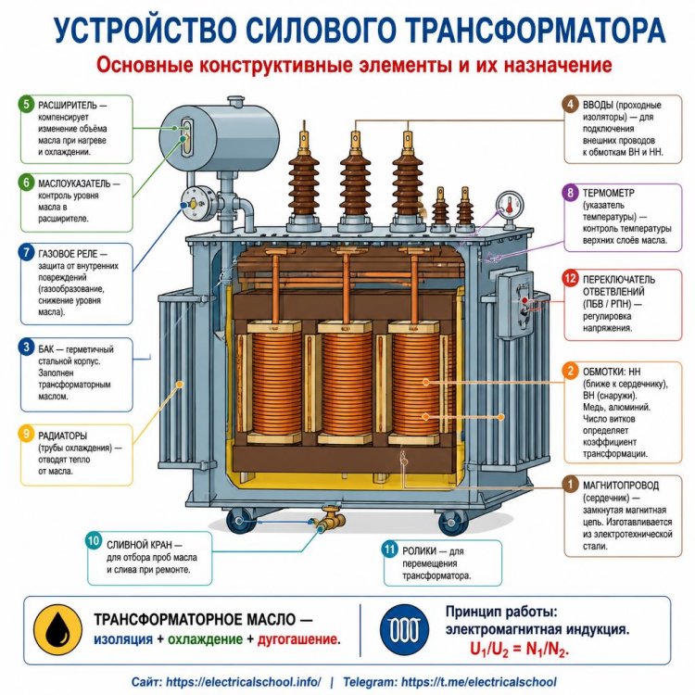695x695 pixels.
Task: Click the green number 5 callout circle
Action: click(26, 105)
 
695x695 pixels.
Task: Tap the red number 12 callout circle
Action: click(570, 278)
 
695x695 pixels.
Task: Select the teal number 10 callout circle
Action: click(93, 541)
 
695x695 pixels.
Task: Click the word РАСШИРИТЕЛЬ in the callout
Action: click(67, 106)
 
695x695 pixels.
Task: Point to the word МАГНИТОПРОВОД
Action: click(621, 486)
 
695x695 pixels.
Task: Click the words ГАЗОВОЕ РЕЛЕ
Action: click(68, 254)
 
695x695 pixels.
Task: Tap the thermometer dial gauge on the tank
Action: click(510, 205)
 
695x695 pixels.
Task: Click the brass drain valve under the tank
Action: click(329, 520)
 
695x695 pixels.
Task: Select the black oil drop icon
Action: click(57, 630)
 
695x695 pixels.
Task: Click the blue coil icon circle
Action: click(404, 629)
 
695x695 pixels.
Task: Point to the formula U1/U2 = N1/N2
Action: click(519, 650)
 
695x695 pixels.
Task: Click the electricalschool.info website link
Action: click(244, 682)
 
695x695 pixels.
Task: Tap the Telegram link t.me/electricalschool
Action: click(478, 682)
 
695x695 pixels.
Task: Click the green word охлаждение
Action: click(205, 639)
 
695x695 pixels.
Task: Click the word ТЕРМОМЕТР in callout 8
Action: click(609, 193)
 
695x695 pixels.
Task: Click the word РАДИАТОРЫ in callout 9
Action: click(62, 436)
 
